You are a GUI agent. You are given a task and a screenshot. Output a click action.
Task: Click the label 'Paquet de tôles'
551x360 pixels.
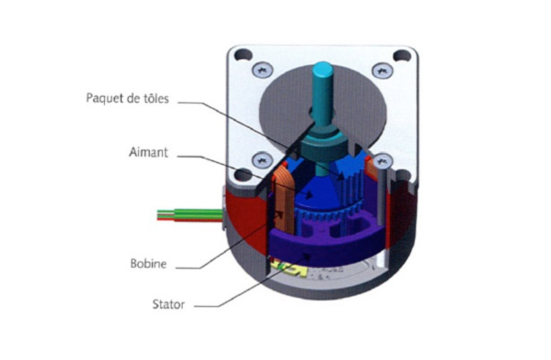tap(127, 99)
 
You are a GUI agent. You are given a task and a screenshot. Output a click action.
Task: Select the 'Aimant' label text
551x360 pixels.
tap(149, 152)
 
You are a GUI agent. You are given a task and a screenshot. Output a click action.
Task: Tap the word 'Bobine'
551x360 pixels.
tap(149, 263)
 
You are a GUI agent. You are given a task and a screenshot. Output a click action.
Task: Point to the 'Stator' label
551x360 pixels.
tap(168, 304)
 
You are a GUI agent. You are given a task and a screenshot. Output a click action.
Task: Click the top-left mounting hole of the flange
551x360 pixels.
tap(243, 56)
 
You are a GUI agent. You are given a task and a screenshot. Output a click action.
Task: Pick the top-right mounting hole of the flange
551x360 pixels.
tap(402, 56)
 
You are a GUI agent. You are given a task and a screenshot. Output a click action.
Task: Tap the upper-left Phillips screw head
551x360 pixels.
tap(263, 70)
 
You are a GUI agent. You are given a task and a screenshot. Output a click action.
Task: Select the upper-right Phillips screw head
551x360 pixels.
tap(383, 70)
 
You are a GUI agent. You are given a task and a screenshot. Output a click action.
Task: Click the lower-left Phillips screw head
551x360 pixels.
tap(263, 160)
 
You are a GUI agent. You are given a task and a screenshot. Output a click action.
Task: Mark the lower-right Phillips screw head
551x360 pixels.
tap(383, 161)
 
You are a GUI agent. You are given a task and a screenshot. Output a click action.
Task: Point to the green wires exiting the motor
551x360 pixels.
tap(190, 213)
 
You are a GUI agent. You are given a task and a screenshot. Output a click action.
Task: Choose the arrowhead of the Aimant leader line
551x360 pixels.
tap(308, 194)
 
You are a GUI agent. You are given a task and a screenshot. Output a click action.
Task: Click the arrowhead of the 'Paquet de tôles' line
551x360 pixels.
tap(340, 176)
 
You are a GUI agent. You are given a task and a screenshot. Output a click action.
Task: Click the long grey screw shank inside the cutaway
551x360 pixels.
tap(382, 197)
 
